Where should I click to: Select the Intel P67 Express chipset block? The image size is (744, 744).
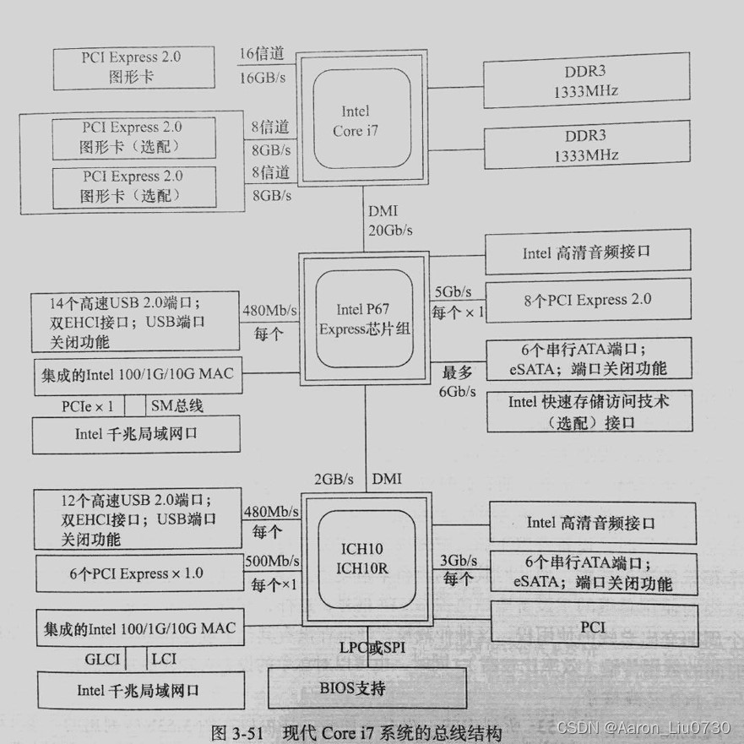[x=364, y=320]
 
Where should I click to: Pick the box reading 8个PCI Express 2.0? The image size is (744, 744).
[x=588, y=300]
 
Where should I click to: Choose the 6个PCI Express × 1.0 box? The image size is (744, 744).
[x=136, y=573]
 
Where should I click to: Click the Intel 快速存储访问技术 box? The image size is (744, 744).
[x=589, y=411]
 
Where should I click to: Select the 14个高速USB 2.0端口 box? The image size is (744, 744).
[x=131, y=322]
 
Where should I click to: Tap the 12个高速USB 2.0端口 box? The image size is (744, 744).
[x=131, y=516]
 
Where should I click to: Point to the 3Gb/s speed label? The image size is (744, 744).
[x=459, y=560]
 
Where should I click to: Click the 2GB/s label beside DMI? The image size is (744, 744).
[x=334, y=479]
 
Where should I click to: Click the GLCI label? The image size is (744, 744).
[x=102, y=659]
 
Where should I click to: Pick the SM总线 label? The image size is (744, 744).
[x=178, y=406]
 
